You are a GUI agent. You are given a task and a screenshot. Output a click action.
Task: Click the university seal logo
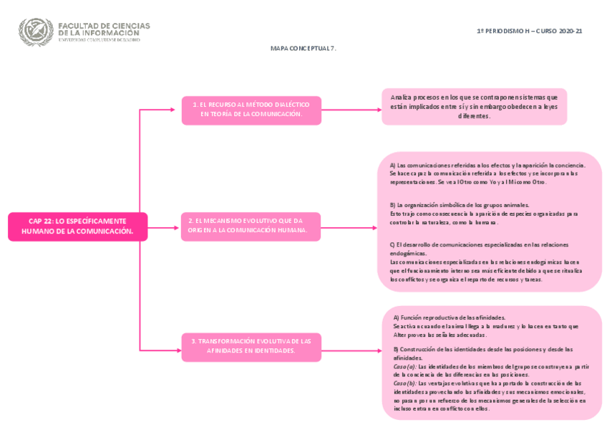tap(36, 32)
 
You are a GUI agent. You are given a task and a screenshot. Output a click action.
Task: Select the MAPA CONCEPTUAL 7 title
tap(303, 48)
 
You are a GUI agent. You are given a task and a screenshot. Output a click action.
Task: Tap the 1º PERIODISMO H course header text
tap(530, 32)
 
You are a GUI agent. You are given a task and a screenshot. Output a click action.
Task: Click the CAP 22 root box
tap(77, 226)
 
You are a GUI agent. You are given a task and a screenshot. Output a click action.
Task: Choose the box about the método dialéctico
tap(251, 110)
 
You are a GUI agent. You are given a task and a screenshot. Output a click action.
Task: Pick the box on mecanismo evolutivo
tap(251, 226)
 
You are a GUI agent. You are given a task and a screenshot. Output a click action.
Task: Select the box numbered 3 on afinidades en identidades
tap(251, 346)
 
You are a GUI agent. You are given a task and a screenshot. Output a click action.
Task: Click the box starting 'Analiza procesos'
tap(474, 106)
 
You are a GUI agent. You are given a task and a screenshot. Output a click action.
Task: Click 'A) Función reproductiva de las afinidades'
tap(450, 317)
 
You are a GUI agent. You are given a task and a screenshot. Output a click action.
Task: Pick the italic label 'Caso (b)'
tap(404, 383)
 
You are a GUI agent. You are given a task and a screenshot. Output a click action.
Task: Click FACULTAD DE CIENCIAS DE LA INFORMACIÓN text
tap(104, 29)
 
